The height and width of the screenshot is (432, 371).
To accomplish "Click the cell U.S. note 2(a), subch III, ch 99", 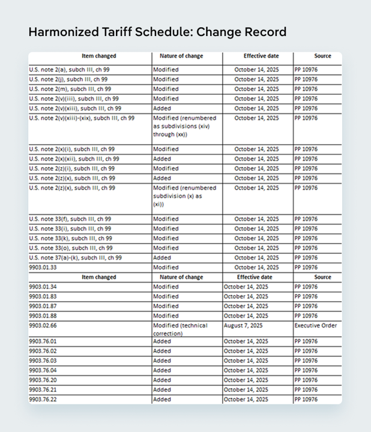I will pyautogui.click(x=69, y=70).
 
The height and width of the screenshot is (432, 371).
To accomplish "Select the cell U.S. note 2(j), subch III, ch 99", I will pyautogui.click(x=68, y=79).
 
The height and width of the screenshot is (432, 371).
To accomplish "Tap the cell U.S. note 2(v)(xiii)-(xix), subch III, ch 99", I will pyautogui.click(x=81, y=118).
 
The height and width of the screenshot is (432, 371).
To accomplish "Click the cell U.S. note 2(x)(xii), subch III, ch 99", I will pyautogui.click(x=74, y=159).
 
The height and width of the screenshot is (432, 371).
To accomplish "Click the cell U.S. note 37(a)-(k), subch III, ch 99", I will pyautogui.click(x=75, y=257).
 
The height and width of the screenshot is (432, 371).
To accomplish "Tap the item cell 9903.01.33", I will pyautogui.click(x=43, y=267).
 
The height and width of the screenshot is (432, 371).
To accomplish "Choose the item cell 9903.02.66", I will pyautogui.click(x=43, y=325).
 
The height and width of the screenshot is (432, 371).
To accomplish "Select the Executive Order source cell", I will pyautogui.click(x=315, y=325).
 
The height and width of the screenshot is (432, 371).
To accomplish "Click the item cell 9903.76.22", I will pyautogui.click(x=43, y=399).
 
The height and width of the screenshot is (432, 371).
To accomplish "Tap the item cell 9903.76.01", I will pyautogui.click(x=43, y=341).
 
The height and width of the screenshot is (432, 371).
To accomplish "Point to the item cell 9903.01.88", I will pyautogui.click(x=43, y=316).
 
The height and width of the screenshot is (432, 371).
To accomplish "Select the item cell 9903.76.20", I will pyautogui.click(x=43, y=380).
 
